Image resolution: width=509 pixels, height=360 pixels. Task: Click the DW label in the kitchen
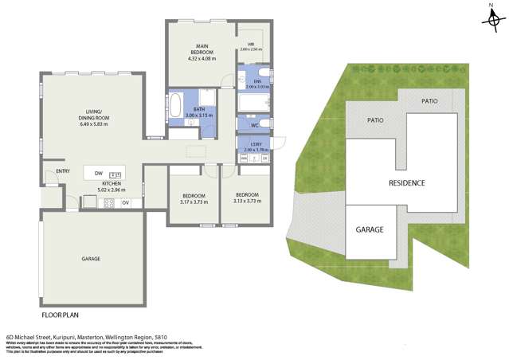coord(98,173)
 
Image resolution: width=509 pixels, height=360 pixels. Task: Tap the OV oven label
coord(124,203)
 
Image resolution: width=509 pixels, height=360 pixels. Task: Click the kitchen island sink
coord(115,174)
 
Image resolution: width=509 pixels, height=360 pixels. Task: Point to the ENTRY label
coord(63,170)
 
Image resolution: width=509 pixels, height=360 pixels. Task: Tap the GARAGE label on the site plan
coord(370,229)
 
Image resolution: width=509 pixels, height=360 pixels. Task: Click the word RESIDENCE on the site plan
coord(406,182)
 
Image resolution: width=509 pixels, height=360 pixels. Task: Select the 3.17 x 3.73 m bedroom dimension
coord(194,202)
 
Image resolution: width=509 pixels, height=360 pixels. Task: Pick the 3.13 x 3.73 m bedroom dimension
coord(246,201)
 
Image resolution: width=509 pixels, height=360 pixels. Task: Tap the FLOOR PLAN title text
coord(61,303)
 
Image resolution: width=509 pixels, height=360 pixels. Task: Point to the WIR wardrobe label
coord(250,44)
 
